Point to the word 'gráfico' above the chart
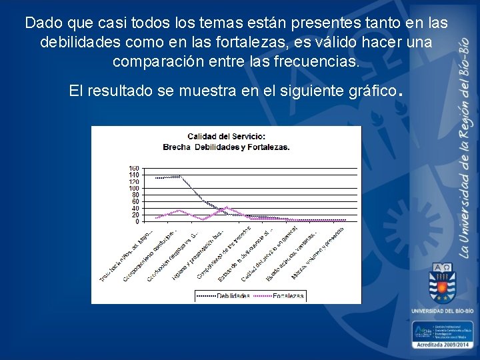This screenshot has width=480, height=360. pos(372,91)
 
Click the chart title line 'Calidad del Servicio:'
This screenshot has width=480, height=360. pos(226,137)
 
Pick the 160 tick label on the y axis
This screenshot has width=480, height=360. pos(134,168)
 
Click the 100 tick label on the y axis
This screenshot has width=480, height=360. pos(134,188)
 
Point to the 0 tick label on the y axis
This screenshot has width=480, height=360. pos(137,221)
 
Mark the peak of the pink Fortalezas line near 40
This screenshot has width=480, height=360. pos(227,207)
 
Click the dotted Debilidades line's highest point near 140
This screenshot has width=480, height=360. pos(179,175)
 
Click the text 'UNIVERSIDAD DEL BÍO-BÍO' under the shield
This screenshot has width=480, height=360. pos(442,311)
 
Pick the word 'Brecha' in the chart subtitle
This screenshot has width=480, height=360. pos(177,147)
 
